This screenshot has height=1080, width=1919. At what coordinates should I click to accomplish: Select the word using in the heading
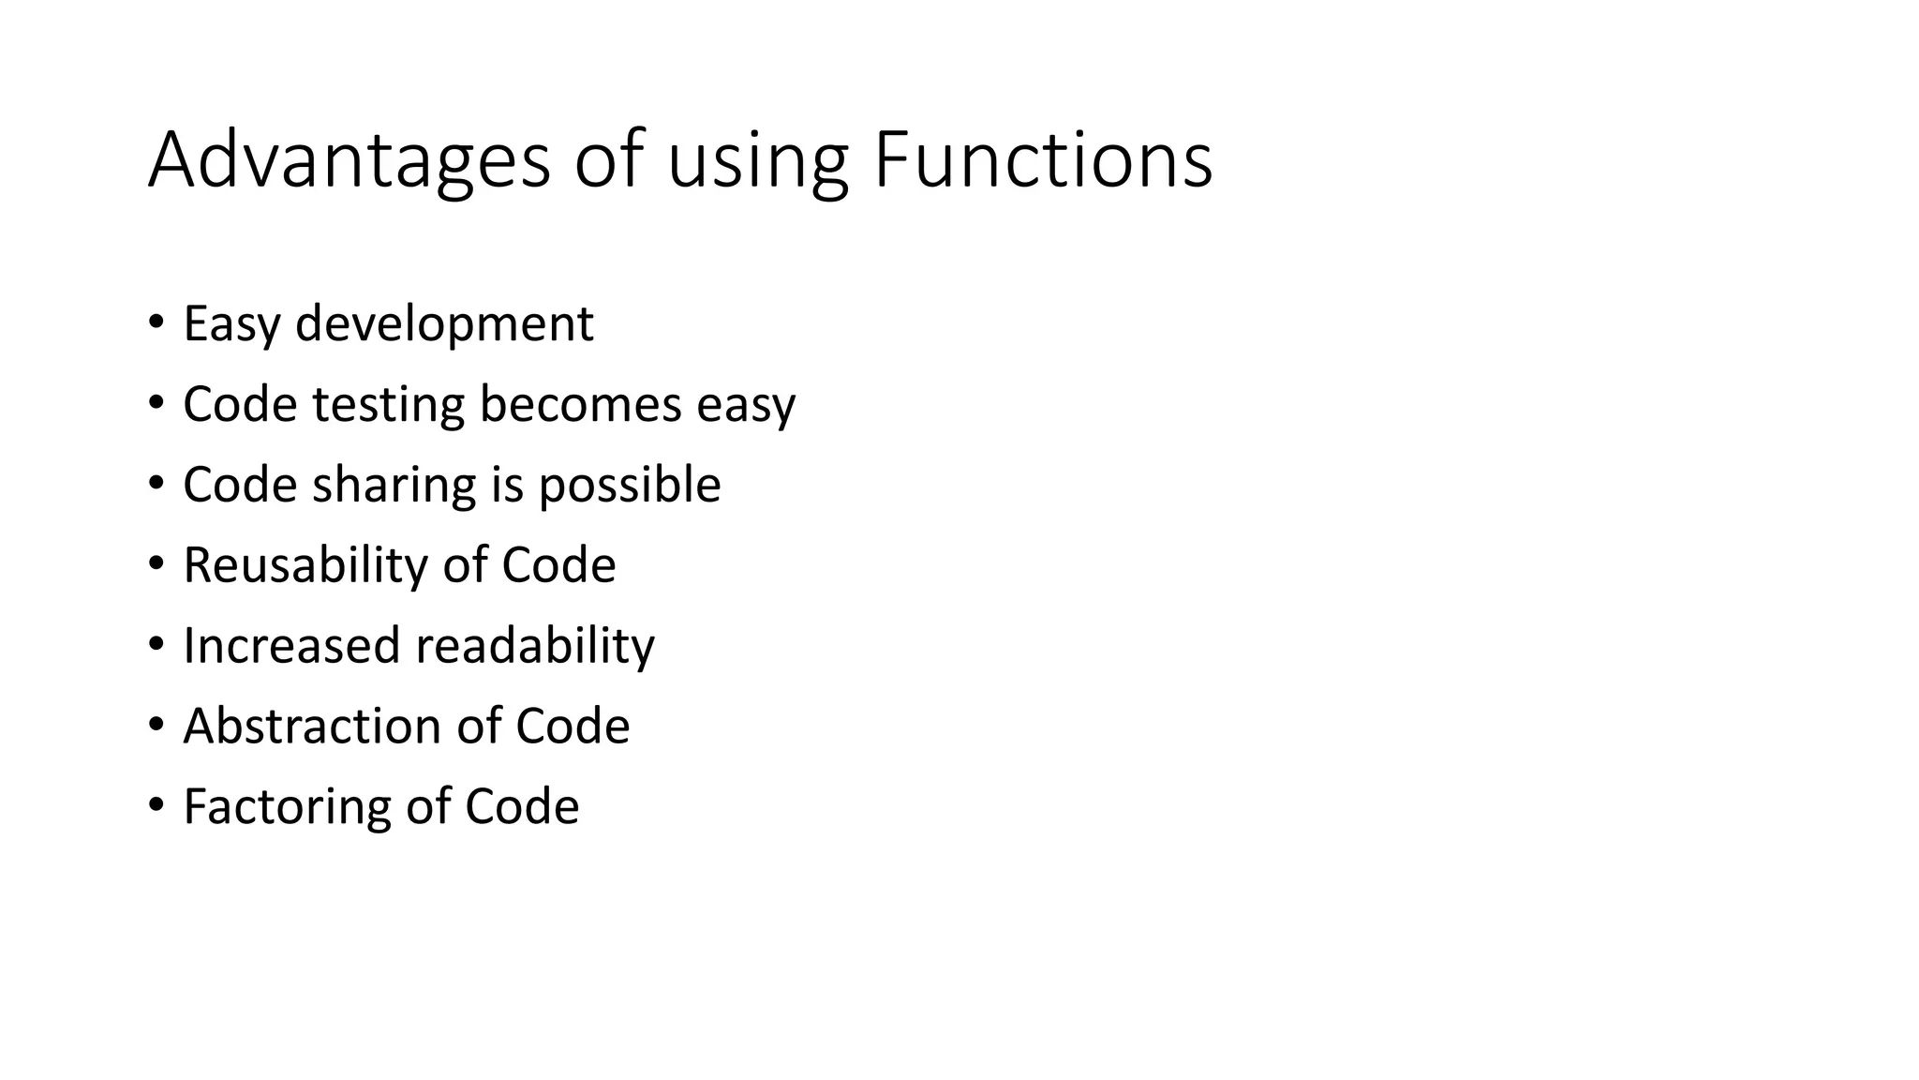pos(757,161)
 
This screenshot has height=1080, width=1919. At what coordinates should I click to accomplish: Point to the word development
pos(444,324)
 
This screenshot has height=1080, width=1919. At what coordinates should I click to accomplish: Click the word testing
pos(388,405)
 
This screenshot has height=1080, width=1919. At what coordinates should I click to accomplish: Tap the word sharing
pos(394,486)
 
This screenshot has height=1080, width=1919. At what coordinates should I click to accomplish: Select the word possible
pos(629,486)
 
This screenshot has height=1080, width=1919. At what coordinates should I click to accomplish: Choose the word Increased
pos(291,646)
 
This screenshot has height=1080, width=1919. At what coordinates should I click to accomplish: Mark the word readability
pos(535,646)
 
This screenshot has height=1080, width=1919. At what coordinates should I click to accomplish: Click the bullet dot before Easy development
pos(156,323)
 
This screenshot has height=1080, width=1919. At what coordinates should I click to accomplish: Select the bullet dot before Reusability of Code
pos(156,564)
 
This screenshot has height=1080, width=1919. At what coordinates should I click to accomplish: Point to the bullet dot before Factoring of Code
pos(156,805)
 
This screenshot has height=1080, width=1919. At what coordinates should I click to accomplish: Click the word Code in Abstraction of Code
pos(573,727)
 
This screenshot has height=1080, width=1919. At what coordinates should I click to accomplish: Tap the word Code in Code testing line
pos(240,405)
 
